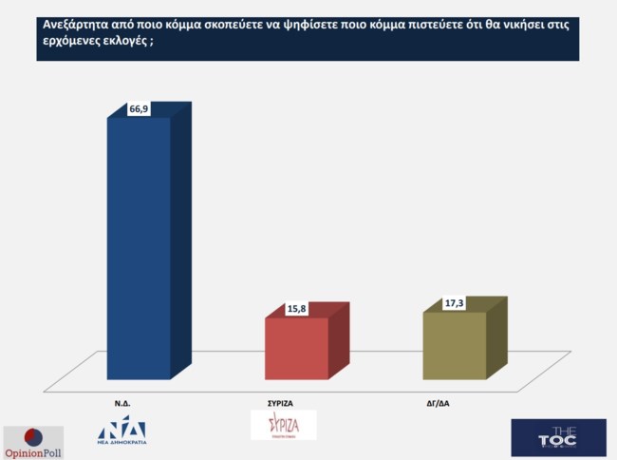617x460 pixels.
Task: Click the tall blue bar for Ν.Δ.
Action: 139,247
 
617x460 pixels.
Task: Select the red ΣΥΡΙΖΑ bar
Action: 296,348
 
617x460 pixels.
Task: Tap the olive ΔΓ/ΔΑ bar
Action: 454,344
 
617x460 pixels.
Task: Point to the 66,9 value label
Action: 140,110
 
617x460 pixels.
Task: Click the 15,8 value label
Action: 297,309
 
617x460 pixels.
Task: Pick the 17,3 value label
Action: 455,303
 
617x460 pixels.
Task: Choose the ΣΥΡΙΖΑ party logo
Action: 283,424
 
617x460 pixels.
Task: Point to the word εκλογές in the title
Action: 124,44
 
